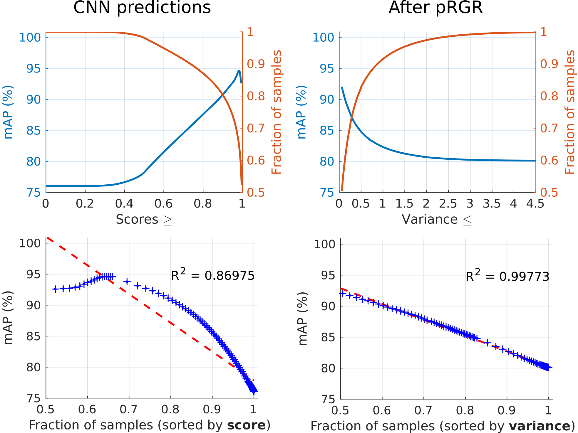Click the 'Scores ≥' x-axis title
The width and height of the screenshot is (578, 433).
pos(144,220)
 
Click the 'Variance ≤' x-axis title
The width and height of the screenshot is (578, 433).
pos(437,220)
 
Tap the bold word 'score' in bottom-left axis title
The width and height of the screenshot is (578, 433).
pos(246,425)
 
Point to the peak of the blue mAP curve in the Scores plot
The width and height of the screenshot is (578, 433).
pos(239,71)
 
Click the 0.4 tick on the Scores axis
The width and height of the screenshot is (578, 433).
pos(124,203)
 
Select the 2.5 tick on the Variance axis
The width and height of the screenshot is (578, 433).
pos(448,203)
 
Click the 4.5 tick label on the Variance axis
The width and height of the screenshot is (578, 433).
pos(535,203)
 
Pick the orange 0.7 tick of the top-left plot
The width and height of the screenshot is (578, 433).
pos(255,128)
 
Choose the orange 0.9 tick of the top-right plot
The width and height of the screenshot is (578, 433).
pos(549,64)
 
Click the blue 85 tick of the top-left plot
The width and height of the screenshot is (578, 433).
pos(33,131)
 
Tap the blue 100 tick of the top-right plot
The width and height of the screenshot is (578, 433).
pos(323,38)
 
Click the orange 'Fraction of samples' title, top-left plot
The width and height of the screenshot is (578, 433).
pos(277,112)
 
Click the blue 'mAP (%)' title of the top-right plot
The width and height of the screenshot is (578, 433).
pos(301,112)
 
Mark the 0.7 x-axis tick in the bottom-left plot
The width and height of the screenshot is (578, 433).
pos(129,409)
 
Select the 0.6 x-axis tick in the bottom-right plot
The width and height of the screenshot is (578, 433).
pos(382,410)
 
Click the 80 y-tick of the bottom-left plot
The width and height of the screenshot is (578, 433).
pos(33,367)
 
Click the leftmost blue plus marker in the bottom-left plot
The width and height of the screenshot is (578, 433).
pos(55,289)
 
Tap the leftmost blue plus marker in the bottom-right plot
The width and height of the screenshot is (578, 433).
pos(342,293)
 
